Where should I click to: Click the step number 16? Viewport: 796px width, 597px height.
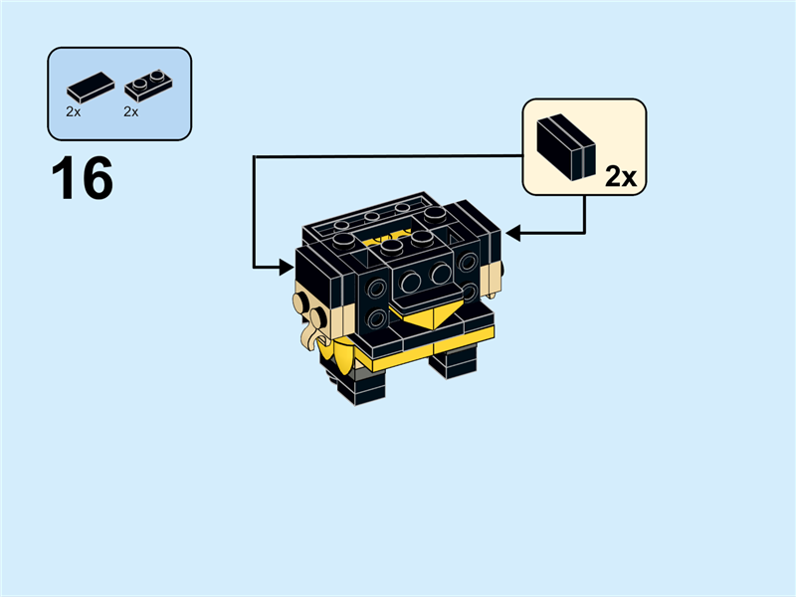pyautogui.click(x=82, y=180)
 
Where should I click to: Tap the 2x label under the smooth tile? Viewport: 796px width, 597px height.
pyautogui.click(x=74, y=112)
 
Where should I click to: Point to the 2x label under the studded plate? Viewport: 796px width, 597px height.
pyautogui.click(x=130, y=112)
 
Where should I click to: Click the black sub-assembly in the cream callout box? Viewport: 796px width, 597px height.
pyautogui.click(x=565, y=146)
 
